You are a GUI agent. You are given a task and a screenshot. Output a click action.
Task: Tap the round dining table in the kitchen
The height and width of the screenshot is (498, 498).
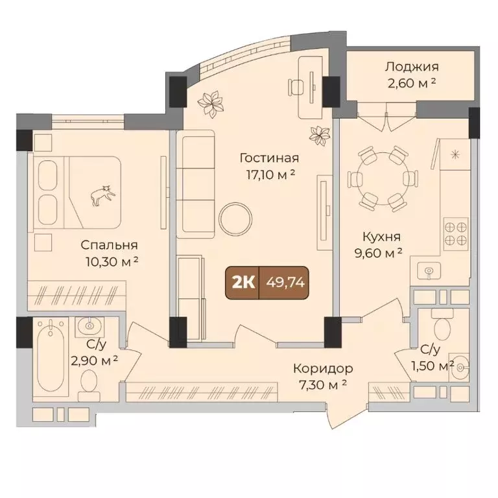pyautogui.click(x=383, y=179)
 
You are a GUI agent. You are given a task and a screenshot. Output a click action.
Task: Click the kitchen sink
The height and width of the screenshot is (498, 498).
pyautogui.click(x=429, y=271)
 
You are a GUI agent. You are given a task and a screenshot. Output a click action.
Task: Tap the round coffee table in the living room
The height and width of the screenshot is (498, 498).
pyautogui.click(x=235, y=219)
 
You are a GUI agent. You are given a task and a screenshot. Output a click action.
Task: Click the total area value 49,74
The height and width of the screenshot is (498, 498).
pyautogui.click(x=286, y=282)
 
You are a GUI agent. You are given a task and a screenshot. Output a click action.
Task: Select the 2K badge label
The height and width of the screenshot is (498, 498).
pyautogui.click(x=244, y=282)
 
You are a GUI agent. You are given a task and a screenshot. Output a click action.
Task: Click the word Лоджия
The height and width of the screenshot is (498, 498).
pyautogui.click(x=412, y=67)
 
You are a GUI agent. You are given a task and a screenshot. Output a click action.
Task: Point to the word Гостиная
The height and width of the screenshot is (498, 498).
pyautogui.click(x=269, y=158)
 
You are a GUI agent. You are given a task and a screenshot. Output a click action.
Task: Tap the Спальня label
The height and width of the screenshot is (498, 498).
pyautogui.click(x=109, y=245)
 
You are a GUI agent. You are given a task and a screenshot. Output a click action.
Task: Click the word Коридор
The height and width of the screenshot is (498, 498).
pyautogui.click(x=323, y=369)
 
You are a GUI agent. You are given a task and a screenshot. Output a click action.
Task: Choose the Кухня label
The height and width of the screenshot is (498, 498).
pyautogui.click(x=381, y=237)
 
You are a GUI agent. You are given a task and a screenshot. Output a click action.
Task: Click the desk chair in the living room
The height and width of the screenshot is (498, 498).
pyautogui.click(x=296, y=86)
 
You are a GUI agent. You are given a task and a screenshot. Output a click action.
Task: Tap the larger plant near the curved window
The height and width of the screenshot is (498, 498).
pyautogui.click(x=209, y=103)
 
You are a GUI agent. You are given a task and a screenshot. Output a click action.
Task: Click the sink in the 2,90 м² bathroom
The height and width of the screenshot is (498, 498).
pyautogui.click(x=89, y=326)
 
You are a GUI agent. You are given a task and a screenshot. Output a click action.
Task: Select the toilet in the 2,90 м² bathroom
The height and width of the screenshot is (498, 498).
pyautogui.click(x=89, y=385)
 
